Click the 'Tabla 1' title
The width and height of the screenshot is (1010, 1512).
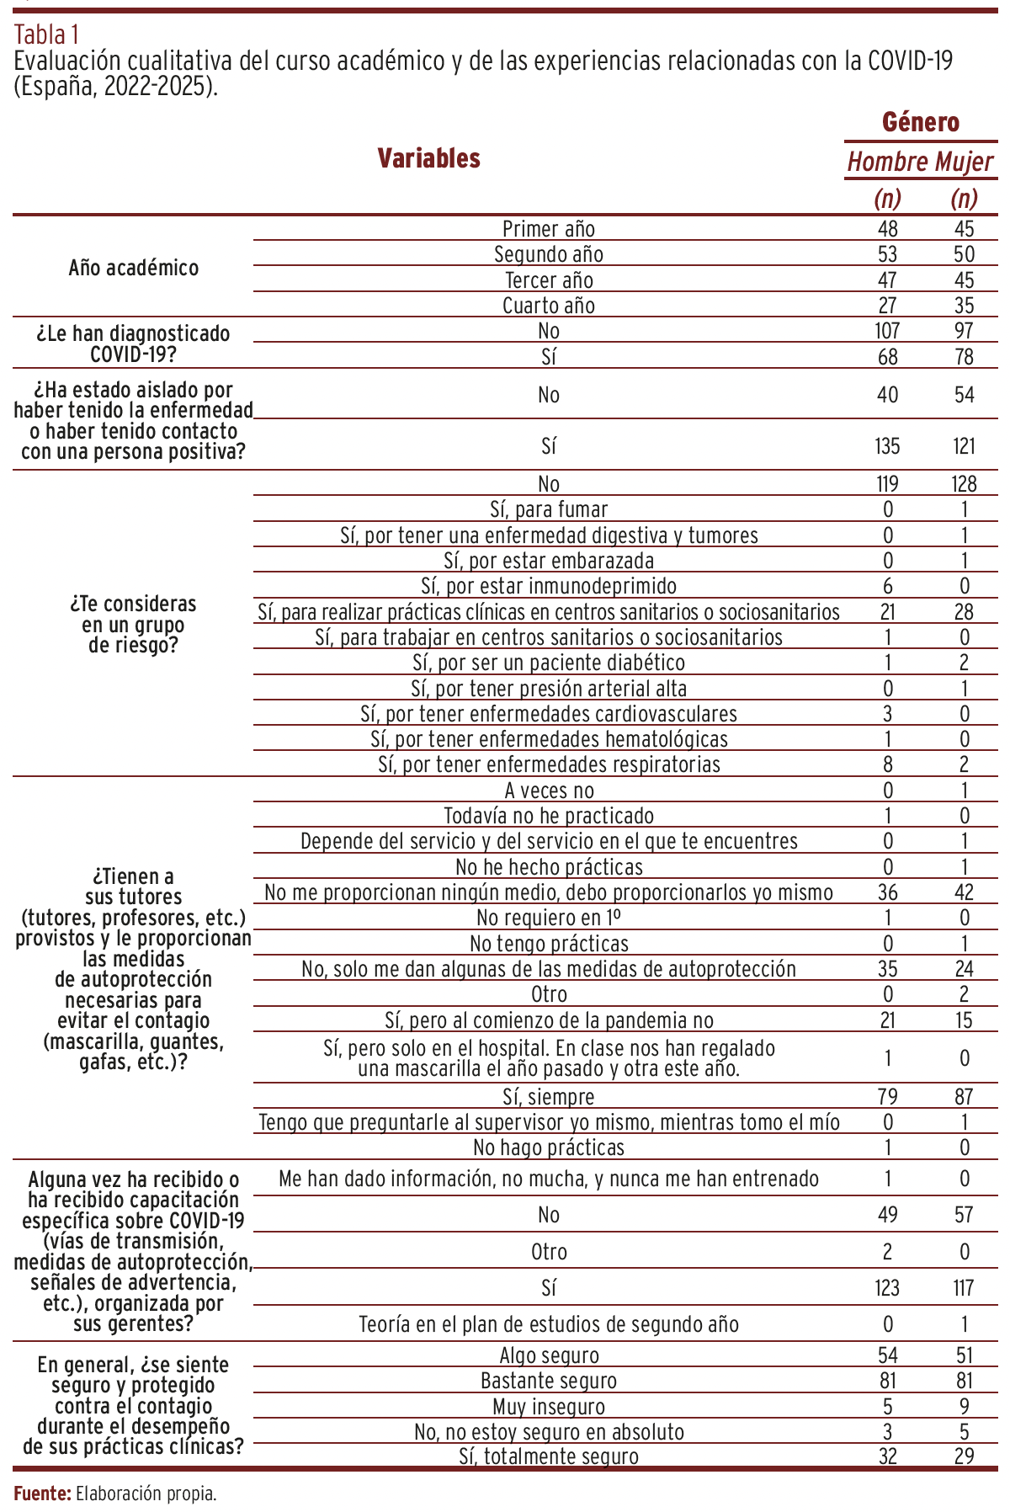pos(47,35)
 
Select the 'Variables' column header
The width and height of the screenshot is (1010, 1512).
pos(428,158)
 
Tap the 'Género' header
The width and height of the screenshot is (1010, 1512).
pos(921,123)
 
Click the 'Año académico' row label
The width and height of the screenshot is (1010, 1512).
pos(134,268)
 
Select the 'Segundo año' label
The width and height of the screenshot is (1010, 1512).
pos(549,254)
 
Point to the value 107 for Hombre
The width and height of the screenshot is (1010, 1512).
pos(887,332)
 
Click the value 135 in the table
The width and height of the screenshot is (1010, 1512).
pos(887,446)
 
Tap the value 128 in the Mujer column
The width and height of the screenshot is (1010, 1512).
pos(965,484)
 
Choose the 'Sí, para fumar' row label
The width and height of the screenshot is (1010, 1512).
pos(549,509)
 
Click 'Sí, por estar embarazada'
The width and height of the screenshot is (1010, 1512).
pos(549,561)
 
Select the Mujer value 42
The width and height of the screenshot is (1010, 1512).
pos(965,892)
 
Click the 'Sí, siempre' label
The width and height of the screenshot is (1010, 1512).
pos(549,1097)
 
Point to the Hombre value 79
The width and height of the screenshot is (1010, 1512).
pos(887,1097)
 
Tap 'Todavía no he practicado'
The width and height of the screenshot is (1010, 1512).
pos(549,816)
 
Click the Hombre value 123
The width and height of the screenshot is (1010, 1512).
pos(887,1288)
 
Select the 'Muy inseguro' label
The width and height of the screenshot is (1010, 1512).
pos(549,1407)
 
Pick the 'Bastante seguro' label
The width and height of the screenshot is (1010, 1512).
pos(549,1382)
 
